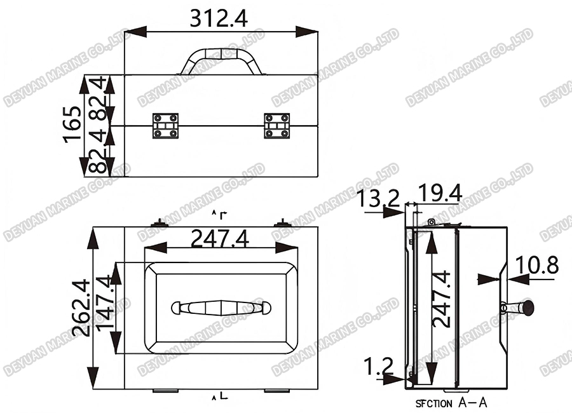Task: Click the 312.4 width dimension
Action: point(219,18)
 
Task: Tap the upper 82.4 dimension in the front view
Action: point(95,98)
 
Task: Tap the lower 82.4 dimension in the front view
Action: point(95,153)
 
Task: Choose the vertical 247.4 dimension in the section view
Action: point(442,299)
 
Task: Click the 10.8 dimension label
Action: point(536,265)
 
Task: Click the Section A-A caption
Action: point(451,403)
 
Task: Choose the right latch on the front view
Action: point(276,125)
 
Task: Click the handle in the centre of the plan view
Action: point(221,308)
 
